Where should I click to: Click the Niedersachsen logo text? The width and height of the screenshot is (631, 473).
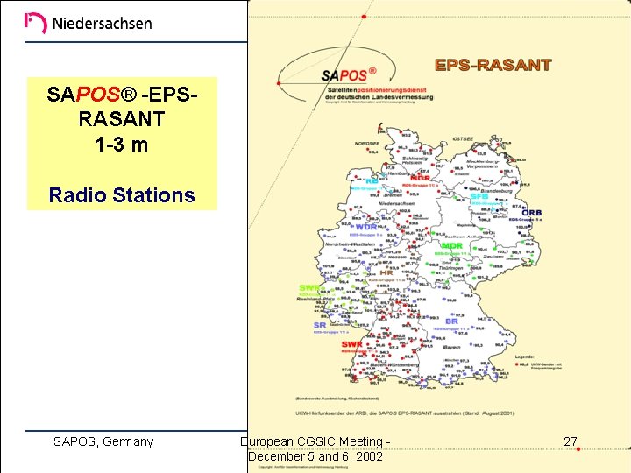[x=102, y=24]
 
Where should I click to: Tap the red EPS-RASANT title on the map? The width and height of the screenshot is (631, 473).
[x=493, y=65]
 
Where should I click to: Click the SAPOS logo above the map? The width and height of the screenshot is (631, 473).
[x=347, y=76]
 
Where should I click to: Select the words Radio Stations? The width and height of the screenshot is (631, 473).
[x=122, y=194]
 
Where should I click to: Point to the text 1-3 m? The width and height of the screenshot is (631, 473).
[x=122, y=145]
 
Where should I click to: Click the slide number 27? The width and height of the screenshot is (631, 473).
[x=571, y=441]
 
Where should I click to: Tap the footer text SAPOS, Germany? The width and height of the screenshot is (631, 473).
[x=103, y=441]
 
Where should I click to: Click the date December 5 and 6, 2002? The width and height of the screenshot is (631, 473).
[x=315, y=456]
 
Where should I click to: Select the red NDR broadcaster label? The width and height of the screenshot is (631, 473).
[x=420, y=178]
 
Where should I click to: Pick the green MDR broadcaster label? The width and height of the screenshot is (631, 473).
[x=451, y=246]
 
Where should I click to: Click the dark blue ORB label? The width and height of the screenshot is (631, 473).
[x=531, y=213]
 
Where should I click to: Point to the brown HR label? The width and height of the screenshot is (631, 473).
[x=386, y=272]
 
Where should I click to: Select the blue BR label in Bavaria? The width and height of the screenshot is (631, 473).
[x=452, y=321]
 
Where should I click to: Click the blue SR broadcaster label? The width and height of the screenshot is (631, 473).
[x=320, y=325]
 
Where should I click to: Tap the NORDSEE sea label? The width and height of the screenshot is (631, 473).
[x=366, y=142]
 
